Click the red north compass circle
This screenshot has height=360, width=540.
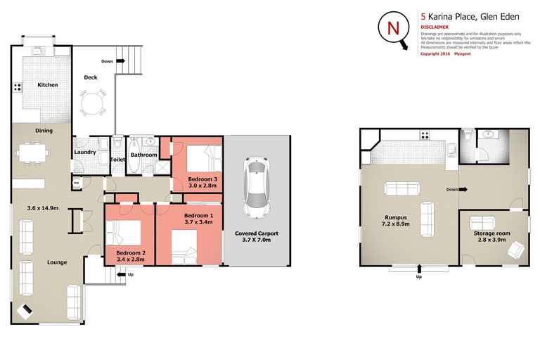[x=392, y=29]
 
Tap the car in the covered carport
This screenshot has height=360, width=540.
[x=255, y=186]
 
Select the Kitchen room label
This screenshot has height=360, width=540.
[x=48, y=85]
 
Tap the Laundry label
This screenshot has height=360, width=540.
[x=84, y=153]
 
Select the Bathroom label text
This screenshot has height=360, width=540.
[x=143, y=155]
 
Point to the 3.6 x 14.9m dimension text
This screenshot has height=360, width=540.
[x=41, y=208]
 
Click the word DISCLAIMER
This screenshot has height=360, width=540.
[x=436, y=27]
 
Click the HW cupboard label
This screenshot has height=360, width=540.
[x=76, y=184]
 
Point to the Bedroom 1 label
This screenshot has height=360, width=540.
[x=198, y=215]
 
